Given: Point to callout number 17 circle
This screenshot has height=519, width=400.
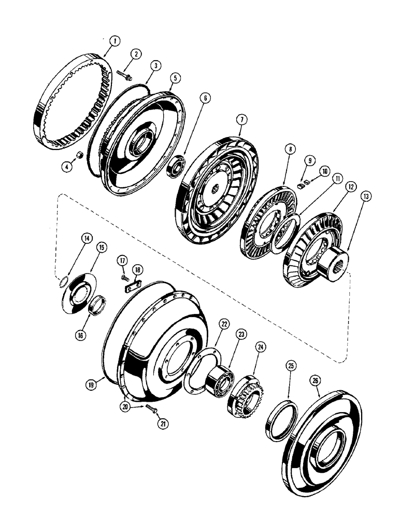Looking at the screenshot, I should (x=122, y=259).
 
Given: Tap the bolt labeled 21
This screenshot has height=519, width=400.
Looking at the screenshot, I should (x=150, y=408).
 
